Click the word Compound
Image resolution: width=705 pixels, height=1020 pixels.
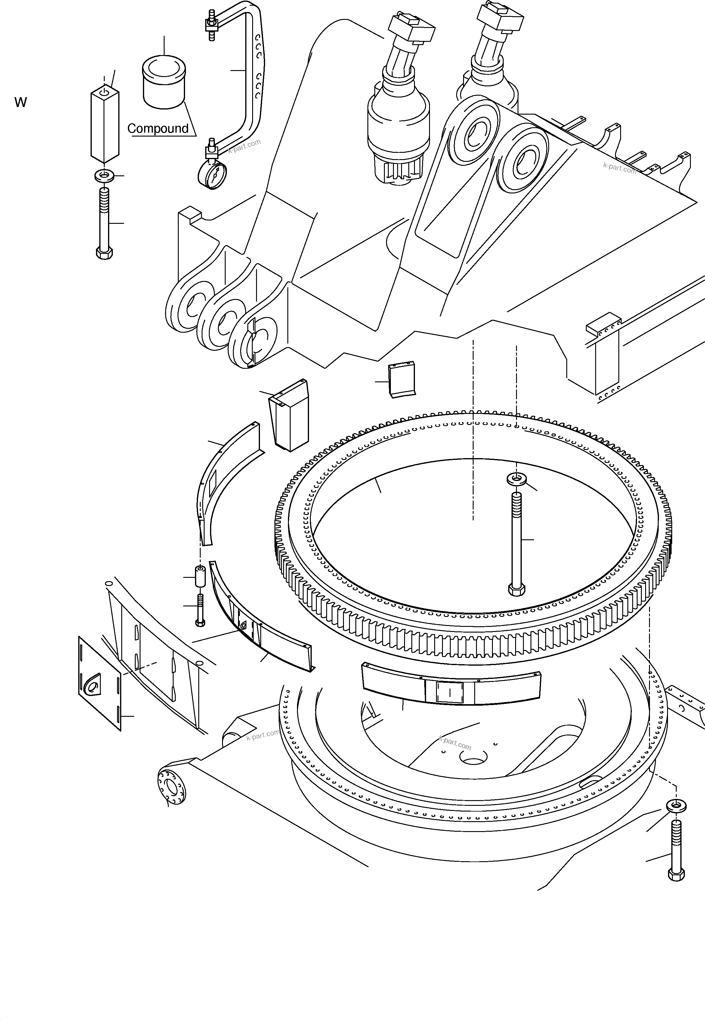click(x=158, y=128)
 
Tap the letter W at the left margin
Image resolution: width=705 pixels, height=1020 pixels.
click(x=20, y=103)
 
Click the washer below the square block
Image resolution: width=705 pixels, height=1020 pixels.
click(x=104, y=176)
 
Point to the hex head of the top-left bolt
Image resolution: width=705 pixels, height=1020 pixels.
click(x=104, y=253)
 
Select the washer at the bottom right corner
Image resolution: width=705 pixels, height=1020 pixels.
click(x=676, y=806)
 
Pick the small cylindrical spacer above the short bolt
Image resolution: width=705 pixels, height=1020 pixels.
click(x=200, y=576)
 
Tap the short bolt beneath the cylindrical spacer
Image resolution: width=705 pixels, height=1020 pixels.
click(x=200, y=610)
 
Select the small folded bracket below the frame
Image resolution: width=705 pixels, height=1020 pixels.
click(x=401, y=379)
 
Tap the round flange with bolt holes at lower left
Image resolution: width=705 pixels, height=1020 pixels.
click(x=171, y=787)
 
